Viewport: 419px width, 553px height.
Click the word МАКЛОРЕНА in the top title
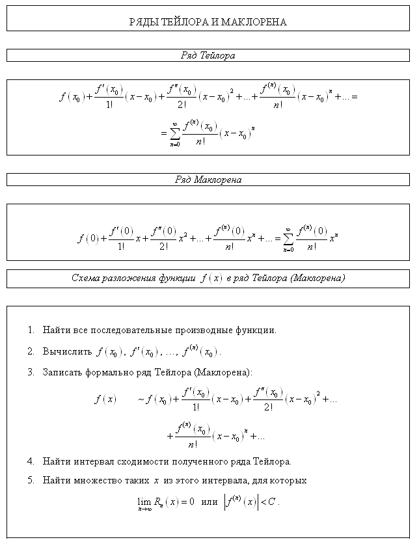point(254,22)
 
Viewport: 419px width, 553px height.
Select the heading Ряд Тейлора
point(208,56)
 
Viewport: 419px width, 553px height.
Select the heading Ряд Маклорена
point(208,180)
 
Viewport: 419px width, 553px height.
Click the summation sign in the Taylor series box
point(174,133)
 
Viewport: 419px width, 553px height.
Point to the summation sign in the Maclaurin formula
point(288,237)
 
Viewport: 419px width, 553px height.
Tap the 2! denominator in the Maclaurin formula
point(163,246)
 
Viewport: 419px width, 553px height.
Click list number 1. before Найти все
point(31,330)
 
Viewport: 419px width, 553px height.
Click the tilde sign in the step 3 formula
point(141,399)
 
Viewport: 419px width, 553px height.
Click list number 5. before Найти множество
point(31,480)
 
